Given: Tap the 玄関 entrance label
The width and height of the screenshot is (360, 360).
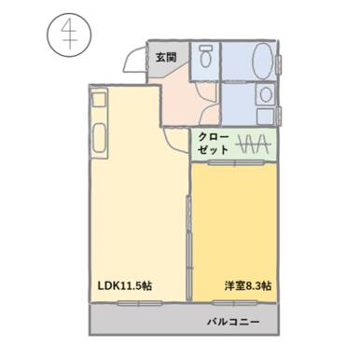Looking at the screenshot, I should pos(166,58).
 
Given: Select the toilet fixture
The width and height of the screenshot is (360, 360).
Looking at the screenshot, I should pos(204,57).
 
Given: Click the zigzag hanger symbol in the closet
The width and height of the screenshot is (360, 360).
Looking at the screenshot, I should pos(254,145).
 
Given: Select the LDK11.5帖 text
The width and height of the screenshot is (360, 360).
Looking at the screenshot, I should pos(126,284).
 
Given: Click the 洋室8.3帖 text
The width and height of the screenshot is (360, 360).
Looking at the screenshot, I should pos(247,284).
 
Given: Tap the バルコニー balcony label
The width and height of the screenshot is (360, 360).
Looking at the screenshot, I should pos(232,323).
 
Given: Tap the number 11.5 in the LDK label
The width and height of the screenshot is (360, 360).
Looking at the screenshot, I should pos(135,284).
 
